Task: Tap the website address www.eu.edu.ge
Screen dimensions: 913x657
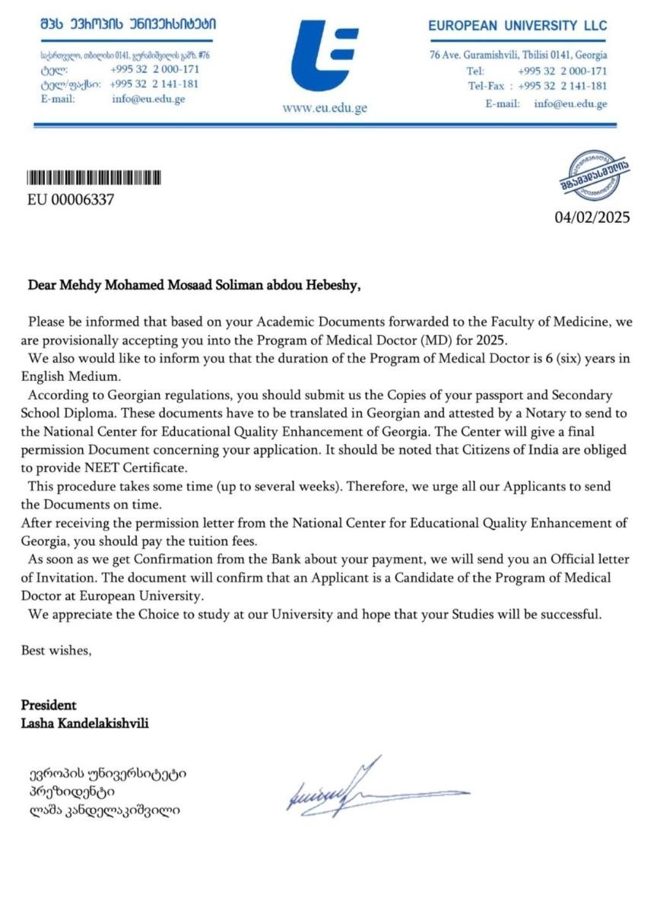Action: coord(325,108)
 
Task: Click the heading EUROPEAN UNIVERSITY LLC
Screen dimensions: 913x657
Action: coord(518,25)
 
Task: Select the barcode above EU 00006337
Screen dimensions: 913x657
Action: coord(94,179)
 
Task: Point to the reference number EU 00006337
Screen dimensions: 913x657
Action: coord(71,200)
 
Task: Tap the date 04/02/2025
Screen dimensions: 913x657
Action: coord(592,218)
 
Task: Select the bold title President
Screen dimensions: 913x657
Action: coord(49,705)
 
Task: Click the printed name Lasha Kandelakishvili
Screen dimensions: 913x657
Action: coord(84,723)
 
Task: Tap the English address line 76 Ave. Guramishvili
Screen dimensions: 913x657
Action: coord(518,55)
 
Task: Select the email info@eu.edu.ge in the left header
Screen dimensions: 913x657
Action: coord(148,98)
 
